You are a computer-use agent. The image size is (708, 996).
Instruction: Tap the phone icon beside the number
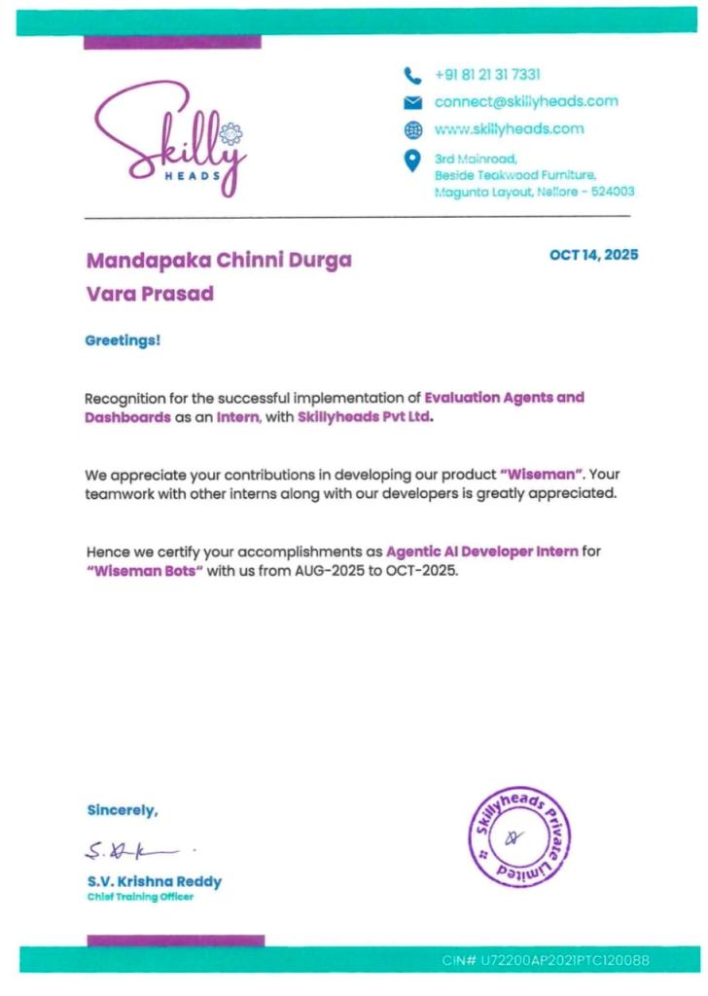click(412, 75)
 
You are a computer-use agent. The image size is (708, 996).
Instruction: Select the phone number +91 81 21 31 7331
click(487, 75)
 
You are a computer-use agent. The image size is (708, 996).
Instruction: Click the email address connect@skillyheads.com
click(526, 101)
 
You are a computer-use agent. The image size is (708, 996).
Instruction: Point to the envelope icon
click(412, 102)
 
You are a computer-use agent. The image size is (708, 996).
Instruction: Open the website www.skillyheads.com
click(509, 128)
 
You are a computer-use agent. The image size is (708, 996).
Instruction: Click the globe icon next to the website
click(412, 129)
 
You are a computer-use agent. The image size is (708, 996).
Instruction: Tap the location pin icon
click(412, 160)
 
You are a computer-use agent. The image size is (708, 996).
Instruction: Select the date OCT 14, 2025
click(594, 255)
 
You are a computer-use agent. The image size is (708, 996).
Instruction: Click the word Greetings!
click(124, 340)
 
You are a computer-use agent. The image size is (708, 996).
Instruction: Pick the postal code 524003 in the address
click(613, 192)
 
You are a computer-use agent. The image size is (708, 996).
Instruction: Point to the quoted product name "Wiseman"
click(541, 476)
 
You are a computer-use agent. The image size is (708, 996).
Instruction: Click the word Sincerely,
click(122, 809)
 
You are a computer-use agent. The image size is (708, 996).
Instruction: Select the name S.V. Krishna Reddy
click(154, 881)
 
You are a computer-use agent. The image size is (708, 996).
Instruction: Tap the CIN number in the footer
click(546, 961)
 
